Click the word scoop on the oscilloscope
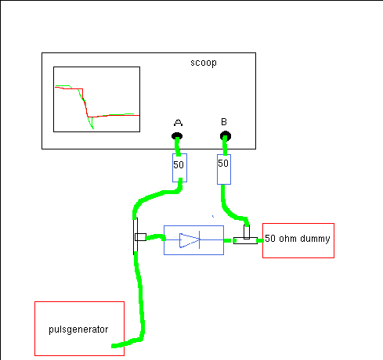point(204,63)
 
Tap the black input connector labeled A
point(177,136)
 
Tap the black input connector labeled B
point(226,136)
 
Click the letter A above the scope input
point(178,122)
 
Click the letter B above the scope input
point(224,122)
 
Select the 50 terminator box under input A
point(179,167)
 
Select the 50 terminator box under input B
point(224,169)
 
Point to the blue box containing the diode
point(193,240)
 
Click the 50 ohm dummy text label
point(298,239)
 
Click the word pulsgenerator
point(78,329)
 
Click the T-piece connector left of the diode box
point(139,236)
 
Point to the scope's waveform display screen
point(96,99)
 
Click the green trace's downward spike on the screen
point(92,124)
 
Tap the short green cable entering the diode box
point(156,237)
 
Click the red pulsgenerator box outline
point(79,302)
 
